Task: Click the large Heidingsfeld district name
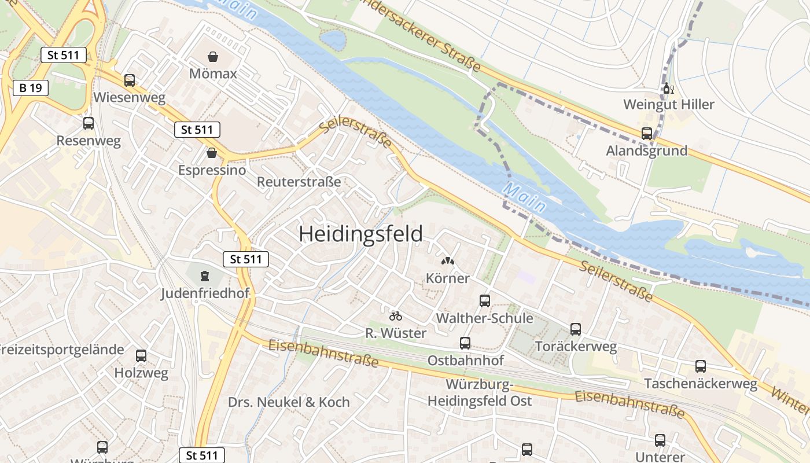point(360,234)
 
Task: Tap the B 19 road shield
point(31,88)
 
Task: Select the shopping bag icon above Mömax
point(213,57)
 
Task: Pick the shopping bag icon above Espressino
point(212,153)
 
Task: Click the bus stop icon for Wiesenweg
point(130,80)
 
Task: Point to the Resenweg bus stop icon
point(89,123)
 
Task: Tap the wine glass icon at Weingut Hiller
point(668,89)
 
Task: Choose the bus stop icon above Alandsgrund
point(647,134)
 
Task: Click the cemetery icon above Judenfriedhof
point(204,275)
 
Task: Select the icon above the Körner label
point(448,261)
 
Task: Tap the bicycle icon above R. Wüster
point(396,316)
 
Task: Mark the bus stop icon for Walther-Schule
point(485,300)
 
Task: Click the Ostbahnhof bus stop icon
point(465,343)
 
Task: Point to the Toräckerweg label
point(576,347)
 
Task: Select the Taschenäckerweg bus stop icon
point(701,366)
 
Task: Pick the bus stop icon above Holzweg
point(141,355)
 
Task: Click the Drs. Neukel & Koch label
point(289,402)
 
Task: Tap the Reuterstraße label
point(299,182)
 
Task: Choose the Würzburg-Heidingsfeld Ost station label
point(480,393)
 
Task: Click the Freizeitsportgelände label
point(61,350)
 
